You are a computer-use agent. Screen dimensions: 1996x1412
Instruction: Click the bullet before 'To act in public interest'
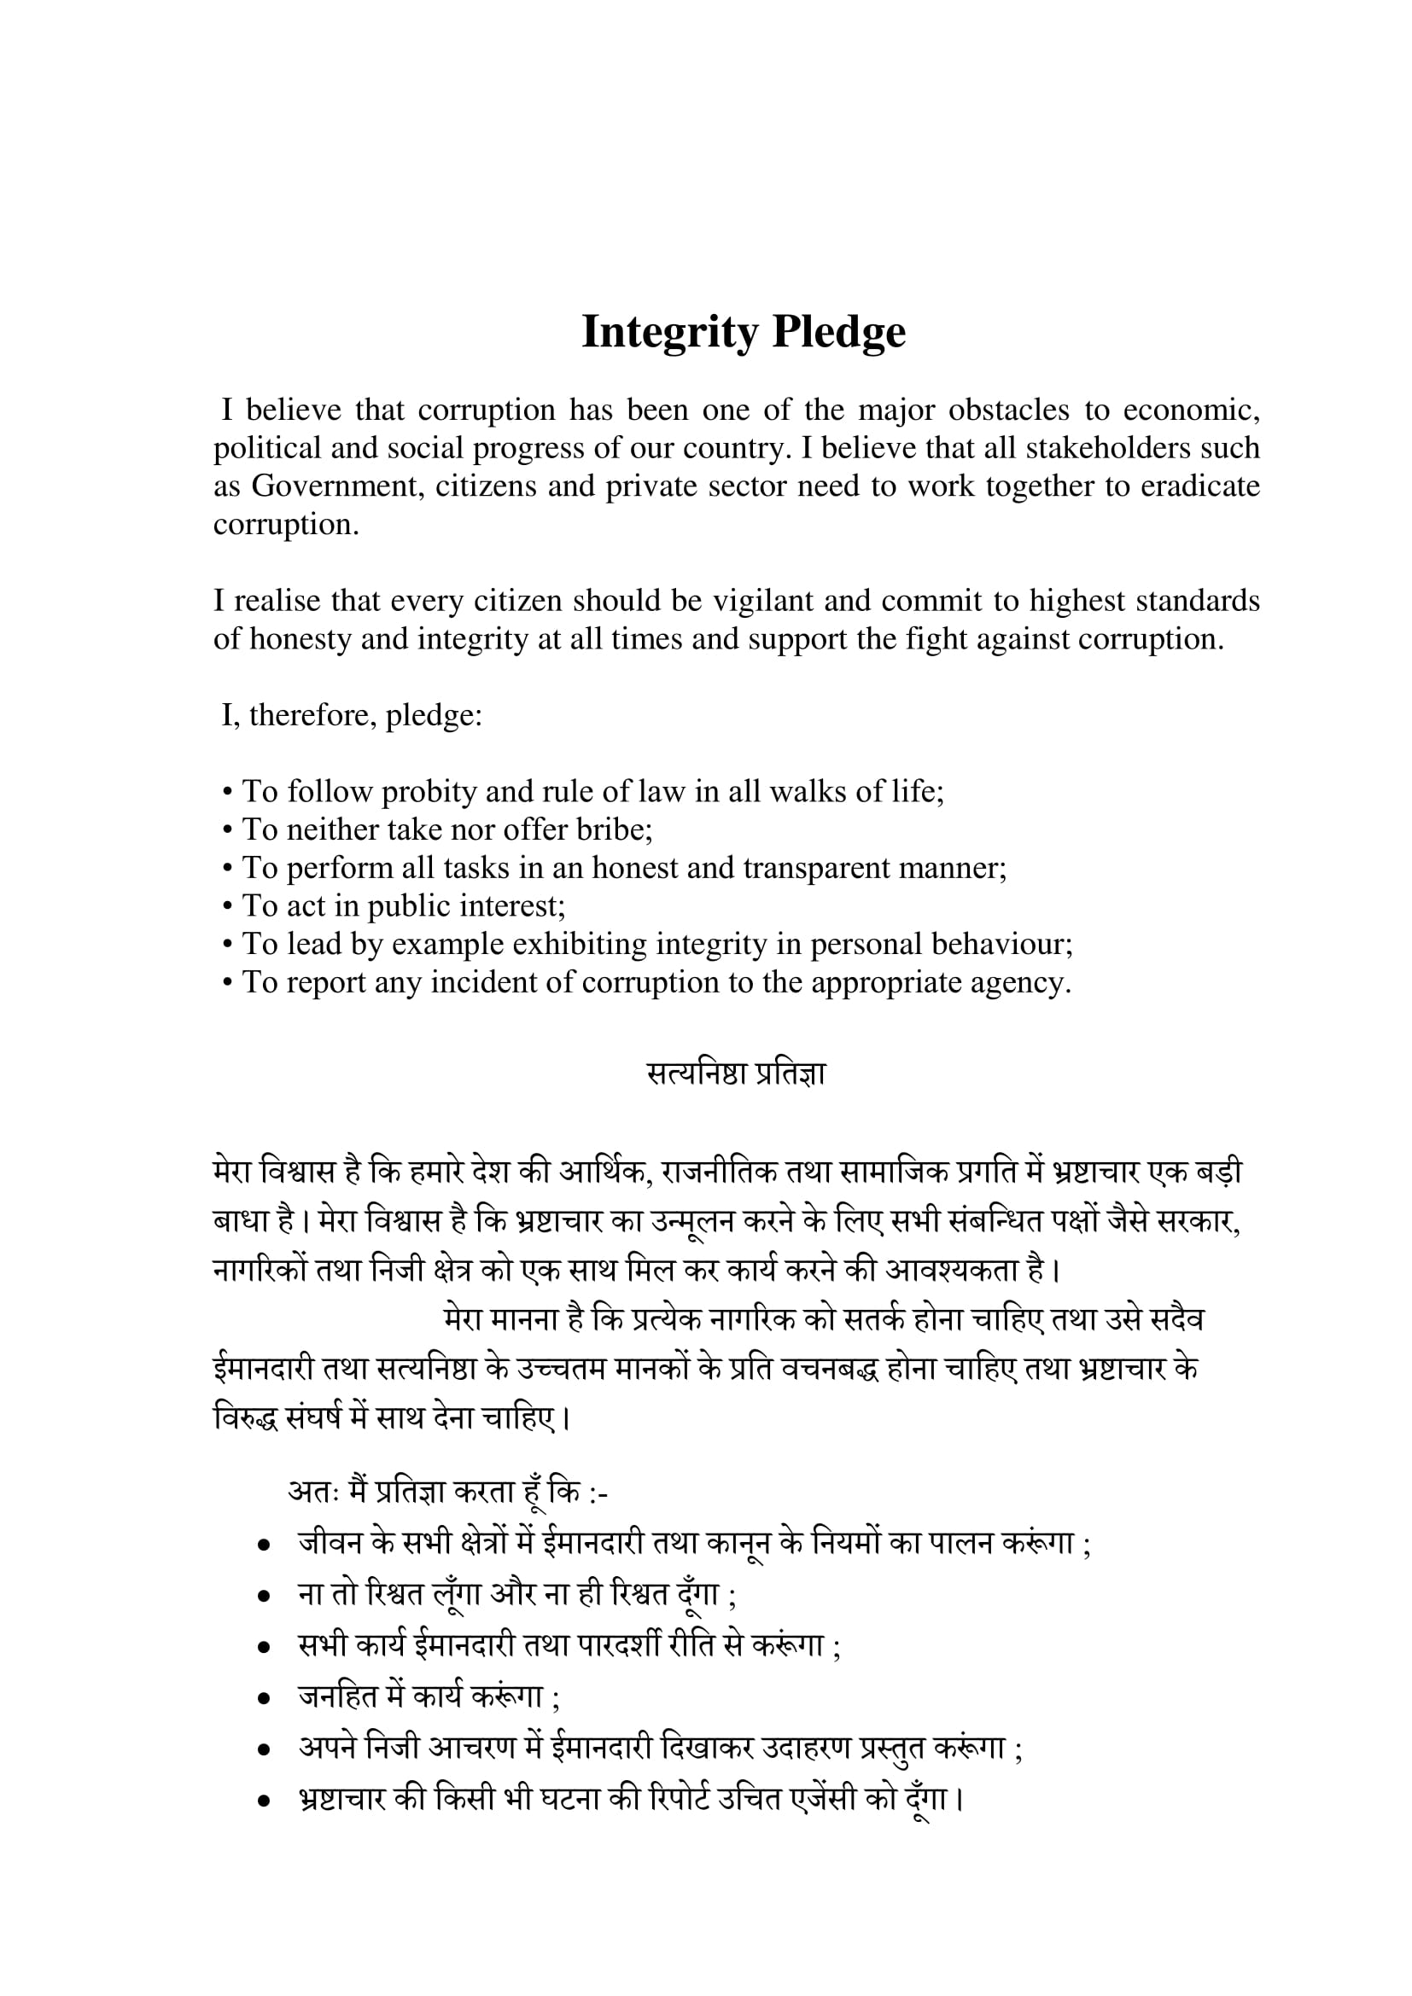pyautogui.click(x=228, y=907)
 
